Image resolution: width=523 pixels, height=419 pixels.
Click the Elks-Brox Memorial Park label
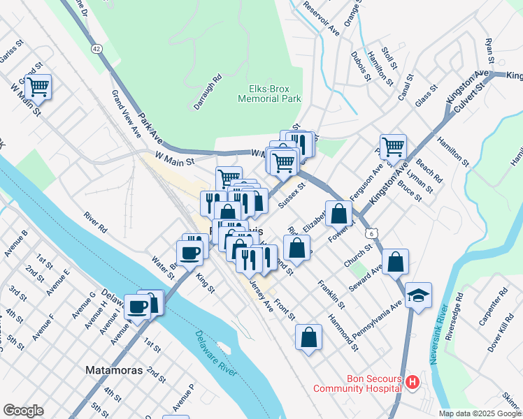(269, 94)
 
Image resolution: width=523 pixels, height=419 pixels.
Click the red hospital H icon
(413, 382)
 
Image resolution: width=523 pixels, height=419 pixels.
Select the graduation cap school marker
(418, 295)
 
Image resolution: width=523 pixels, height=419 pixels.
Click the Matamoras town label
(113, 369)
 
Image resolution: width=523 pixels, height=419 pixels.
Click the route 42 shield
(96, 48)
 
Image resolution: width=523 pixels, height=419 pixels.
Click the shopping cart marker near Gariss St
(38, 87)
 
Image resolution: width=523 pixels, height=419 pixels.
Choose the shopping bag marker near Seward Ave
(395, 262)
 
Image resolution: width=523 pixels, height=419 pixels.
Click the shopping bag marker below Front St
(308, 337)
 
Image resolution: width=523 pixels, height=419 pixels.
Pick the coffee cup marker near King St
(189, 252)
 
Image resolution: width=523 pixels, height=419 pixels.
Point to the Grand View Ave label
(126, 112)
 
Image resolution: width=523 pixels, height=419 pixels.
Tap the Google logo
(23, 411)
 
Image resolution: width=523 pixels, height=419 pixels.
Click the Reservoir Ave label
(322, 22)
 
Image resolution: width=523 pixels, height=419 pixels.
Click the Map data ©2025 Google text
(480, 413)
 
